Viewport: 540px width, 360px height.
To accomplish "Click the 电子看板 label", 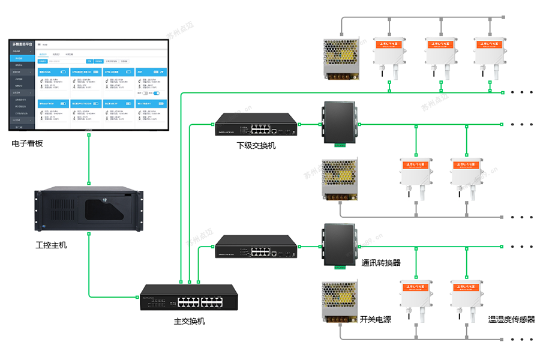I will [x=28, y=143].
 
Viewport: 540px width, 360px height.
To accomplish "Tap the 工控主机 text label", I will [x=51, y=245].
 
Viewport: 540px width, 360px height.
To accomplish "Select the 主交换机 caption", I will [x=190, y=321].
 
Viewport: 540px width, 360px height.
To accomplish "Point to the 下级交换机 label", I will [x=256, y=145].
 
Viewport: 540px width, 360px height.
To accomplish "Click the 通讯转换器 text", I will [x=381, y=263].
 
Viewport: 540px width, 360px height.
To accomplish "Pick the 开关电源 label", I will [x=376, y=319].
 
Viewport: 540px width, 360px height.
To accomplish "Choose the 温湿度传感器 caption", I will [x=511, y=320].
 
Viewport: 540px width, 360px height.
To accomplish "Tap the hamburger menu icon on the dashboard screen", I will [x=39, y=45].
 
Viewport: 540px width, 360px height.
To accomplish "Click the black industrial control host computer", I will [x=89, y=211].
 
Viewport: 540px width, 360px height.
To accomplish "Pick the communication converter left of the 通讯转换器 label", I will [x=339, y=245].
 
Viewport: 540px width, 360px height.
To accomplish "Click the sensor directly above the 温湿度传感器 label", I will [x=467, y=296].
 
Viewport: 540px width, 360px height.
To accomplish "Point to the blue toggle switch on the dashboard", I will [x=157, y=94].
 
